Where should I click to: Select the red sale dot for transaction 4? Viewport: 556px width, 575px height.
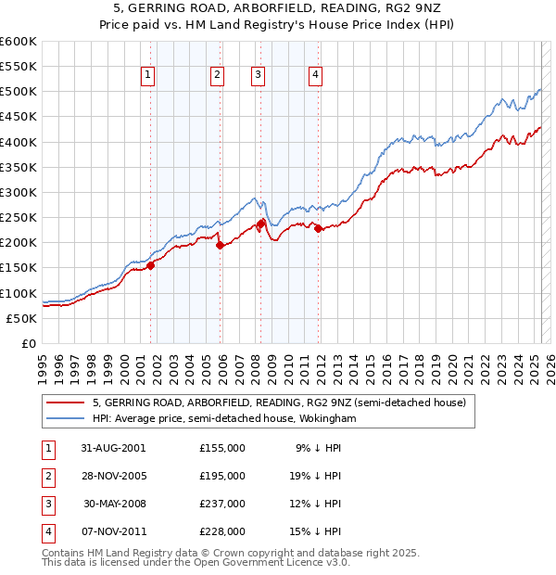click(x=318, y=229)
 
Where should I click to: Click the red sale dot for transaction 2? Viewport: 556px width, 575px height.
click(x=220, y=246)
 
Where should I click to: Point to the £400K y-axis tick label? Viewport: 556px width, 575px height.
click(x=19, y=142)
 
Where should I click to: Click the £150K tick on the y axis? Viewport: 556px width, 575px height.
click(x=19, y=268)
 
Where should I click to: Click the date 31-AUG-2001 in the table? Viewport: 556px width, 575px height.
click(x=114, y=448)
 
